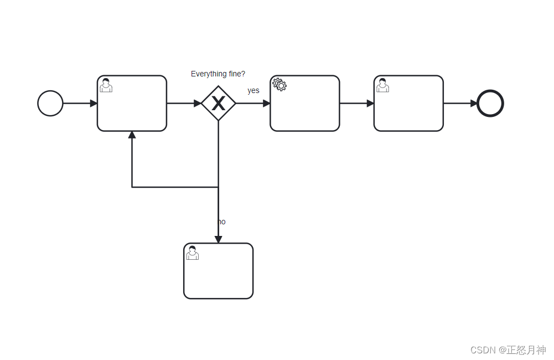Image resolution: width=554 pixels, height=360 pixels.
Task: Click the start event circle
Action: point(50,104)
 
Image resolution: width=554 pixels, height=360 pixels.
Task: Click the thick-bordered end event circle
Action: point(490,104)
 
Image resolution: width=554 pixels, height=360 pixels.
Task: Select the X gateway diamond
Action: point(219,103)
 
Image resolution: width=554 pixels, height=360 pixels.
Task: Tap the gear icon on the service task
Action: point(279,85)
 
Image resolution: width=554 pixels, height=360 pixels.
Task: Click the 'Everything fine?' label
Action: point(218,74)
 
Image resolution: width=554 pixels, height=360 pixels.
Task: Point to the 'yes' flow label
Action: point(253,90)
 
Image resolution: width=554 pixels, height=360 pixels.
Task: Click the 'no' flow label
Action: point(221,222)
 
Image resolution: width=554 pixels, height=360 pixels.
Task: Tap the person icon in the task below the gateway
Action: point(192,253)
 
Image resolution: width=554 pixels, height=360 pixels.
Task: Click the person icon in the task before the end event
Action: point(382,85)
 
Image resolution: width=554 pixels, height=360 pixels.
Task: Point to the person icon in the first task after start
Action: point(106,85)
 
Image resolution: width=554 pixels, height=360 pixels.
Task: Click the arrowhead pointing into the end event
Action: point(474,104)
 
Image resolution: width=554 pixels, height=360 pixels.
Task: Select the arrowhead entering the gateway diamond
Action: point(198,104)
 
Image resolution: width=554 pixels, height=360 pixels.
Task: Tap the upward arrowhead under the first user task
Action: point(132,135)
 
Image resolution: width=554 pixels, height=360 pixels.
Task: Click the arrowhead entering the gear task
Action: point(267,104)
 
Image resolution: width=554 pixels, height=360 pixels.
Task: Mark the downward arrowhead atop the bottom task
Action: point(218,240)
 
